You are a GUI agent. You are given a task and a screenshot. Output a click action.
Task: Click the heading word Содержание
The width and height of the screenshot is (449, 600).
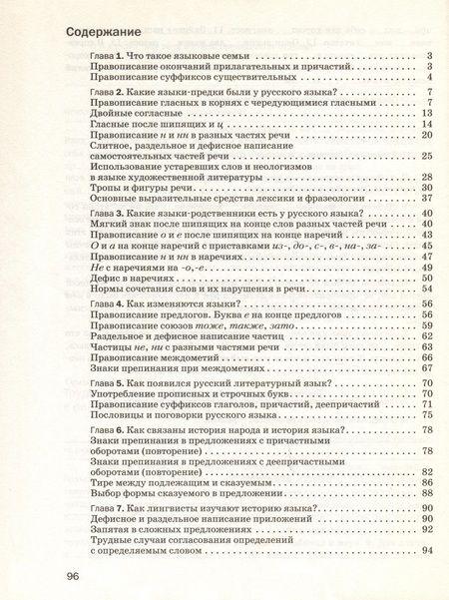point(105,30)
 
